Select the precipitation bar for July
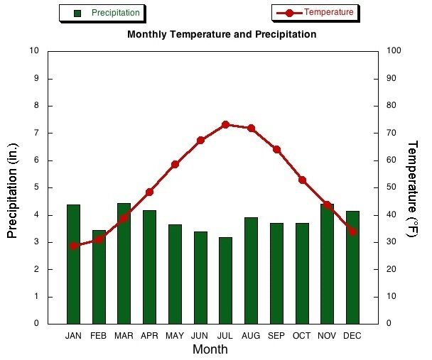225,280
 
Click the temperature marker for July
225,124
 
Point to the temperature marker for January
73,246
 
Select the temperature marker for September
276,149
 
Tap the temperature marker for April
149,192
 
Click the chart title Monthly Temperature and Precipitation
222,34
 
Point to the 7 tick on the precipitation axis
35,133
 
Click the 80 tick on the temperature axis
394,106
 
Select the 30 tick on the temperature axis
394,242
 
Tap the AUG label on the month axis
251,335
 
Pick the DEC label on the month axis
352,335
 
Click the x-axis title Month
210,349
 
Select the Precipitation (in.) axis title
12,190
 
